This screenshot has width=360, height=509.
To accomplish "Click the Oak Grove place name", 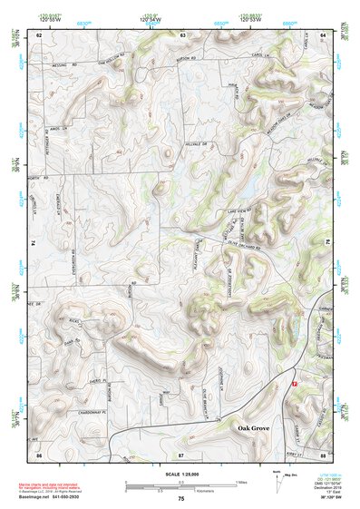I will tap(257, 426).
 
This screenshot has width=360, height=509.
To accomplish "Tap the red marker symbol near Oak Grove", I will tap(293, 384).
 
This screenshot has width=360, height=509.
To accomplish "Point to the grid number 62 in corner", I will tap(39, 34).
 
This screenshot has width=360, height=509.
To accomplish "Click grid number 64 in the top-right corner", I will tap(323, 34).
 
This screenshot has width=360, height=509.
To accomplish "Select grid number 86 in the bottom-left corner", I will tap(39, 453).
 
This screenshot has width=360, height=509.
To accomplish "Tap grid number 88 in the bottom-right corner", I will tap(323, 453).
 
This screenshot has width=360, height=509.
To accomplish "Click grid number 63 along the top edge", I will tap(182, 34).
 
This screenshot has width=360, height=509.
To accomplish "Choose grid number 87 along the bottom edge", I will tap(181, 453).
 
